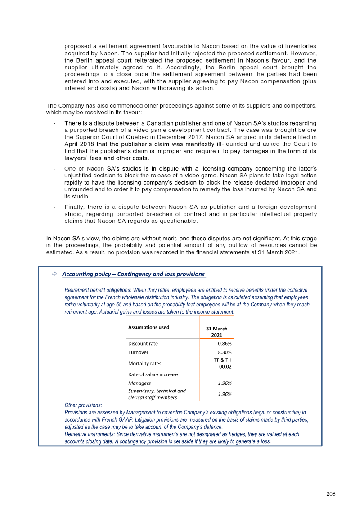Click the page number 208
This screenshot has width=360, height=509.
pos(331,494)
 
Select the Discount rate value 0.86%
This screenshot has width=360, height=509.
pos(225,343)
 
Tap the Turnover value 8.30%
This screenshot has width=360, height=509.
pos(225,352)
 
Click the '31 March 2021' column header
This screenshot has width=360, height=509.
pos(216,332)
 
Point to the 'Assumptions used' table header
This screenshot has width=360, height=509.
pos(149,327)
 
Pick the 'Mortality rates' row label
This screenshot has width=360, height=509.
pos(144,363)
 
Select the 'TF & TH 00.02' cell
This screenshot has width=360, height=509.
pos(222,363)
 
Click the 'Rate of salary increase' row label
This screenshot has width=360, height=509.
pos(153,374)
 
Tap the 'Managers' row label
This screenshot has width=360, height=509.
pos(139,383)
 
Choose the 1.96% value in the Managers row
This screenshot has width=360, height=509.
pos(225,383)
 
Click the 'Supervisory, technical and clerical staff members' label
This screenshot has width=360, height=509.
pos(157,394)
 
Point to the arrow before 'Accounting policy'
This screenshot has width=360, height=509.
pos(53,274)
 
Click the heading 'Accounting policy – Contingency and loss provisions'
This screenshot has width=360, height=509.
pos(134,274)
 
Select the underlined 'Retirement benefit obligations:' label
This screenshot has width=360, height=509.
pos(98,290)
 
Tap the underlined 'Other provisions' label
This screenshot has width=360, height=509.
pos(83,405)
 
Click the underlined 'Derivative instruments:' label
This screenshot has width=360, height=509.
pos(90,434)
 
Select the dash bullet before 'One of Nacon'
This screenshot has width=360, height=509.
pos(54,168)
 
